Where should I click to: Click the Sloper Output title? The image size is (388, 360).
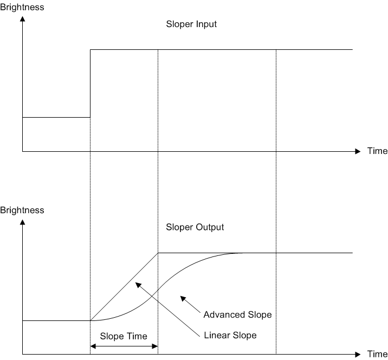pos(195,227)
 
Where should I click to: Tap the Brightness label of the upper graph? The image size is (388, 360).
pos(22,8)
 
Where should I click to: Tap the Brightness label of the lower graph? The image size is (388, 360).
pos(22,210)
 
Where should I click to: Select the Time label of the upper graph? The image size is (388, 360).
pos(377,151)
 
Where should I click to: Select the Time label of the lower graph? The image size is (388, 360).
pos(377,354)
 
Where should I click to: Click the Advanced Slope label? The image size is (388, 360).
pos(237,314)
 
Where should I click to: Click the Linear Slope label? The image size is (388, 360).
pos(230,335)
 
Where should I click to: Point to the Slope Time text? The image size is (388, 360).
pos(124,336)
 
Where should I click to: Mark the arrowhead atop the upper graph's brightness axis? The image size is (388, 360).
pos(22,20)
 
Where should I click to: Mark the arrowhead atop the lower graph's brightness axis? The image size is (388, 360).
pos(22,222)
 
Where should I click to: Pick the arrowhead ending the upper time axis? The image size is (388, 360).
pos(357,151)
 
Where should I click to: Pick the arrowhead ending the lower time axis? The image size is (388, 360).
pos(357,354)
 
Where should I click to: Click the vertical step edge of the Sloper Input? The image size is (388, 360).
pos(90,83)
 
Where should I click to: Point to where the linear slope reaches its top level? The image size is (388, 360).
pos(158,253)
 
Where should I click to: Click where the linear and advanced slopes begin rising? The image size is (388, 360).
pos(90,320)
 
